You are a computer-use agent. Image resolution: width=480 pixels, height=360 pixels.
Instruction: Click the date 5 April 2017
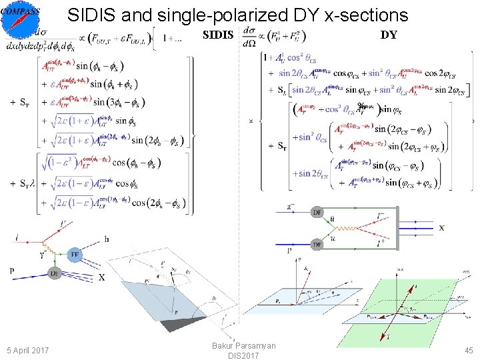coord(27,350)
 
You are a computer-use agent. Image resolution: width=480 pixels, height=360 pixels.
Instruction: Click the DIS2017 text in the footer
coord(243,356)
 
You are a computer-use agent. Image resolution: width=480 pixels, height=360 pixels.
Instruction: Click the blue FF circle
coord(75,254)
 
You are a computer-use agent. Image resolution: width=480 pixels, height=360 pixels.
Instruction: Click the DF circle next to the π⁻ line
coord(317,213)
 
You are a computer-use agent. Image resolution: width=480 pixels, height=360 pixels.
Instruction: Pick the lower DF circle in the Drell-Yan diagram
coord(317,245)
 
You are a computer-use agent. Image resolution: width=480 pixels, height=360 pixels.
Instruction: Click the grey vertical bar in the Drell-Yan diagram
coord(397,228)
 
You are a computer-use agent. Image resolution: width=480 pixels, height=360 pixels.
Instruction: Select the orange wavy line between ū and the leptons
coord(353,229)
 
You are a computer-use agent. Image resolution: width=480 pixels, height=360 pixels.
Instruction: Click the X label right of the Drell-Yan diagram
coord(441,228)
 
